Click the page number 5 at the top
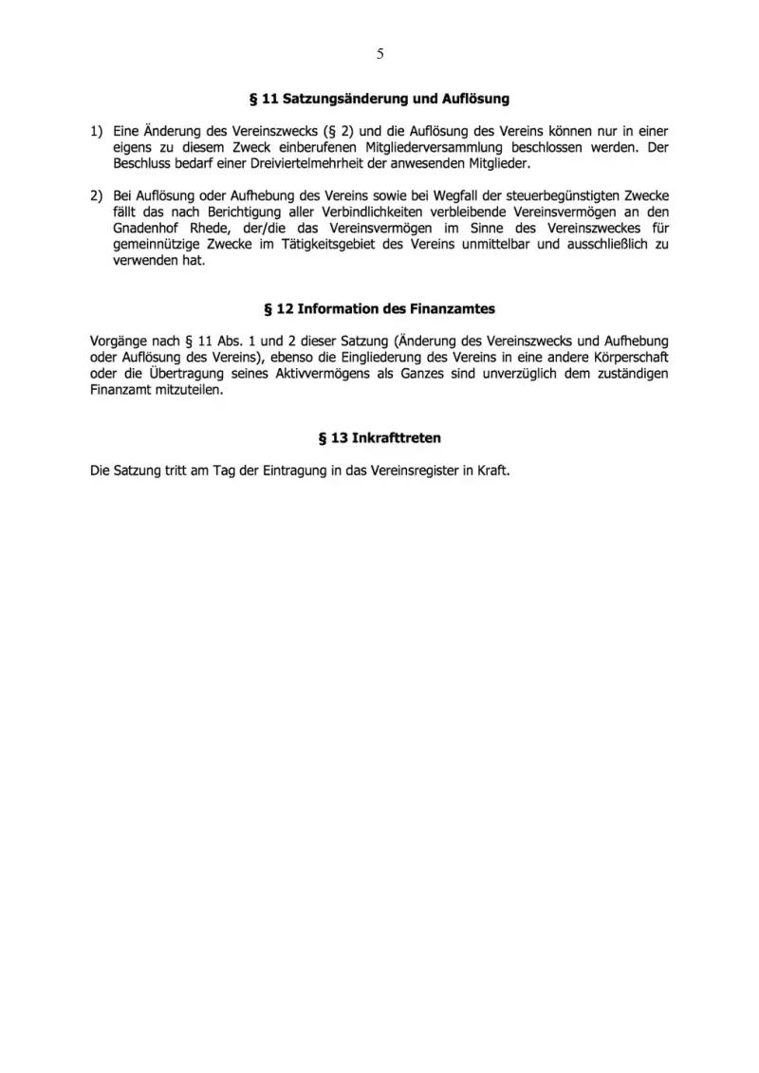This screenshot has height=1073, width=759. coord(379,54)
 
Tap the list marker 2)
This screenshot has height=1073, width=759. coord(96,196)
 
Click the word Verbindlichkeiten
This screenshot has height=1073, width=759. coord(365,213)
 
